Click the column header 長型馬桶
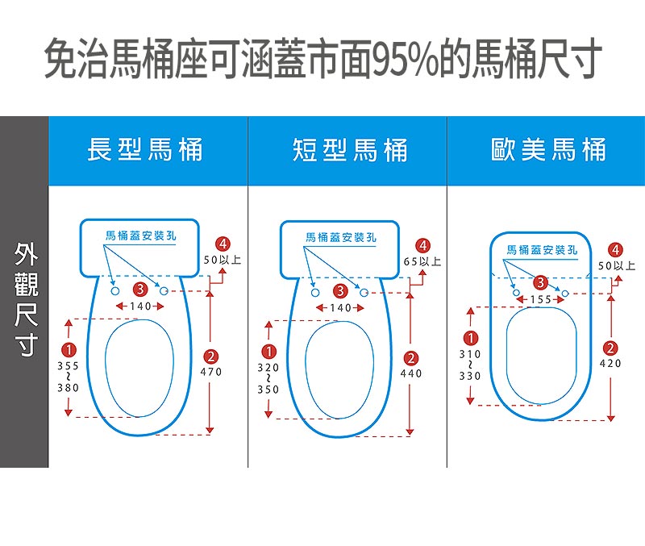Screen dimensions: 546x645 coord(145,150)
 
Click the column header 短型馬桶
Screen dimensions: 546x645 coord(350,150)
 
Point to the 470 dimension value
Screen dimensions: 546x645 coord(210,372)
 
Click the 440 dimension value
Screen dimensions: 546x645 coord(411,373)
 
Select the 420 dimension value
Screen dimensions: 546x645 coord(610,364)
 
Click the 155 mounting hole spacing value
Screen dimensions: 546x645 coord(541,299)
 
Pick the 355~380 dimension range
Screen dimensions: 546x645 coord(68,377)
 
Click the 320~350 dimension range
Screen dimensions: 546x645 coord(268,377)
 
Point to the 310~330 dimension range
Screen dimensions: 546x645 coord(469,365)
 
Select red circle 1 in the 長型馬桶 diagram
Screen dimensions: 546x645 coord(69,350)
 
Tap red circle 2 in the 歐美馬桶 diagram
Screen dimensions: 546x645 coord(610,348)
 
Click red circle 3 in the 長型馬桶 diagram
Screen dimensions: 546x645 coord(140,289)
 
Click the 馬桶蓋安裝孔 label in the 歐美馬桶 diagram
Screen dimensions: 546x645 coord(542,250)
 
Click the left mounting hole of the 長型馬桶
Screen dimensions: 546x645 coord(114,290)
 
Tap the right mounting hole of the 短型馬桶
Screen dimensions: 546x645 coord(364,290)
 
